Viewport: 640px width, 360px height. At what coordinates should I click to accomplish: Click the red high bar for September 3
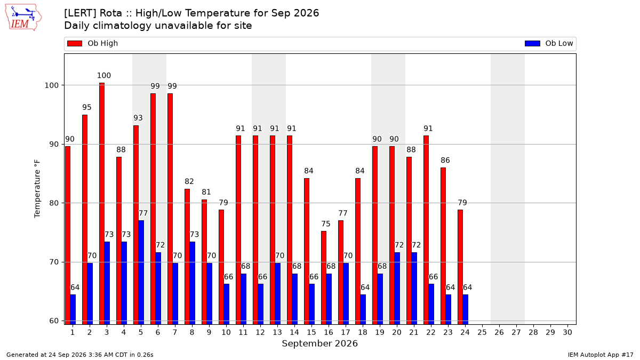click(102, 203)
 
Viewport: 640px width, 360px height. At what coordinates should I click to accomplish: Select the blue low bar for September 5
click(141, 273)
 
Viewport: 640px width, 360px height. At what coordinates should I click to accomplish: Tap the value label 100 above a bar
click(103, 75)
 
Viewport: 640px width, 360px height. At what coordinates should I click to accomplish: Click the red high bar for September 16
click(324, 278)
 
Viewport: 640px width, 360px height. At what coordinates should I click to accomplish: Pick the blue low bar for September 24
click(466, 309)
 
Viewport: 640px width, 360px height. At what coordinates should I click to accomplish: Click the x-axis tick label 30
click(567, 332)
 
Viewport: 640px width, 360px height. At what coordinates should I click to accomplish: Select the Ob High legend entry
click(92, 43)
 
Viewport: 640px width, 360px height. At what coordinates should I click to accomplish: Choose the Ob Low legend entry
click(549, 43)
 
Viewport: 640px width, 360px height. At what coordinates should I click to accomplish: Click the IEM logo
click(23, 18)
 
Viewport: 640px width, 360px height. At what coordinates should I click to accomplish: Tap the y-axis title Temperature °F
click(37, 189)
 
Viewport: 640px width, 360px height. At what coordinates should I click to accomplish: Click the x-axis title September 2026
click(319, 343)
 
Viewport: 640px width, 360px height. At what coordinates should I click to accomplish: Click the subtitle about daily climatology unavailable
click(158, 26)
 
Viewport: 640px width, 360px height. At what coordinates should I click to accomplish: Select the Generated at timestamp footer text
click(79, 355)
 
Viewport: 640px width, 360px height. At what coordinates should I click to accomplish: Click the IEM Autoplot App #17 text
click(601, 355)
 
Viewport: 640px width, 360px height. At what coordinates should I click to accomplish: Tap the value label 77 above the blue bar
click(143, 213)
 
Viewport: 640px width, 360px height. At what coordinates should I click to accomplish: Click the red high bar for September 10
click(221, 267)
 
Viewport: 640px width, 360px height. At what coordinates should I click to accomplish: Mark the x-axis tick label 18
click(363, 332)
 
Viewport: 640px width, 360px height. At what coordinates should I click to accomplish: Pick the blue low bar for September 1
click(73, 309)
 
